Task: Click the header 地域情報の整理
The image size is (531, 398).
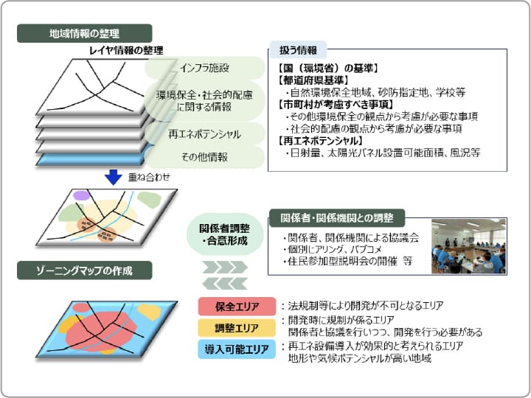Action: [x=84, y=33]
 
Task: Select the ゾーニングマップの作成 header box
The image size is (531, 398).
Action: [x=84, y=270]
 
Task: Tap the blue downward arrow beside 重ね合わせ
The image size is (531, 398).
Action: [x=114, y=177]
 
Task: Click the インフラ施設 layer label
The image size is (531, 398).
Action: [x=204, y=68]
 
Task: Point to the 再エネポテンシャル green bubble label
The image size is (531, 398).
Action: [x=204, y=134]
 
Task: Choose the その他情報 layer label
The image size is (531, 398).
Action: [x=204, y=157]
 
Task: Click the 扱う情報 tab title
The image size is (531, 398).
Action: [x=298, y=50]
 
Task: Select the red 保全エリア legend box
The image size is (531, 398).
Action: [x=237, y=307]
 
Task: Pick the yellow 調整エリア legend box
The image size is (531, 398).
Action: [x=237, y=327]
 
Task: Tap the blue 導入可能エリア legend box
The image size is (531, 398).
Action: [x=237, y=349]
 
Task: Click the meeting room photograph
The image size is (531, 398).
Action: [x=469, y=246]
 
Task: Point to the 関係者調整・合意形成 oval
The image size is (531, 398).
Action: [x=225, y=234]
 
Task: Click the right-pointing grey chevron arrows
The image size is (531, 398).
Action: [x=225, y=268]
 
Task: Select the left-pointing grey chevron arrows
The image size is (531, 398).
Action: [x=225, y=284]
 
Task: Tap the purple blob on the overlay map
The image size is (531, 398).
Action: [x=81, y=195]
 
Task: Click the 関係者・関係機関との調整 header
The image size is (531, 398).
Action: [x=337, y=218]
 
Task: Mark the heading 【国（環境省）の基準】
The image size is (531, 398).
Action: [x=327, y=69]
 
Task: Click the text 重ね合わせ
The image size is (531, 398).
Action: [x=149, y=177]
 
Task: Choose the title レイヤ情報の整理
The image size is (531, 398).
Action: [x=126, y=50]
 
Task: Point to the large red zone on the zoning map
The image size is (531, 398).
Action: [x=102, y=332]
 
